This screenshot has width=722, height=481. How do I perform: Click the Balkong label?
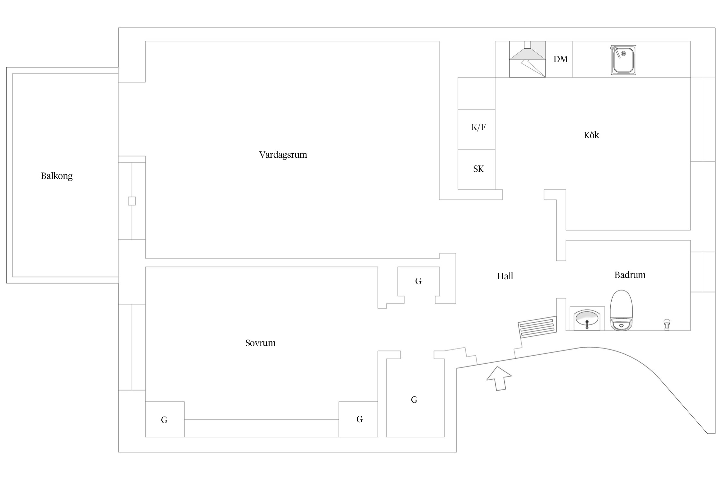tap(56, 176)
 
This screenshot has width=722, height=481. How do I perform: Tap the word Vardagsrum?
tap(283, 155)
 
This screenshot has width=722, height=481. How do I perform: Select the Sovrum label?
tap(260, 343)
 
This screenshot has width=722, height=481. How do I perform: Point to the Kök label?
tap(591, 135)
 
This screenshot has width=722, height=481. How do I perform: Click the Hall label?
tap(505, 276)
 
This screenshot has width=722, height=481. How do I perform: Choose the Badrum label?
tap(630, 275)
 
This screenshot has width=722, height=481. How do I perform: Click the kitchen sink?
tap(623, 60)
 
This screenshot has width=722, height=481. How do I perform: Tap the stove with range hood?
tap(527, 59)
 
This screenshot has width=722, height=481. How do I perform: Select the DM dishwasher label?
tap(560, 59)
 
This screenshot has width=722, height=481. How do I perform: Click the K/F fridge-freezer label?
tap(478, 127)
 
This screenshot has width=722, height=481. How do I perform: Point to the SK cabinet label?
tap(478, 169)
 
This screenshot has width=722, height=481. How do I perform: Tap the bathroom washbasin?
tap(587, 319)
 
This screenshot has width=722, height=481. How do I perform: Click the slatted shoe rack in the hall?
tap(537, 326)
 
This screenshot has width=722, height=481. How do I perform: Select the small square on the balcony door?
tap(132, 201)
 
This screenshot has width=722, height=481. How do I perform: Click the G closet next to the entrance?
tap(414, 400)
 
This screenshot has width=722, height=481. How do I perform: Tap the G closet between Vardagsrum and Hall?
tap(418, 281)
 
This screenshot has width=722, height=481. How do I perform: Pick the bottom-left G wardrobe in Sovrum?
tap(164, 419)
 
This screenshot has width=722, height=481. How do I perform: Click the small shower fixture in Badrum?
tap(666, 324)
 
